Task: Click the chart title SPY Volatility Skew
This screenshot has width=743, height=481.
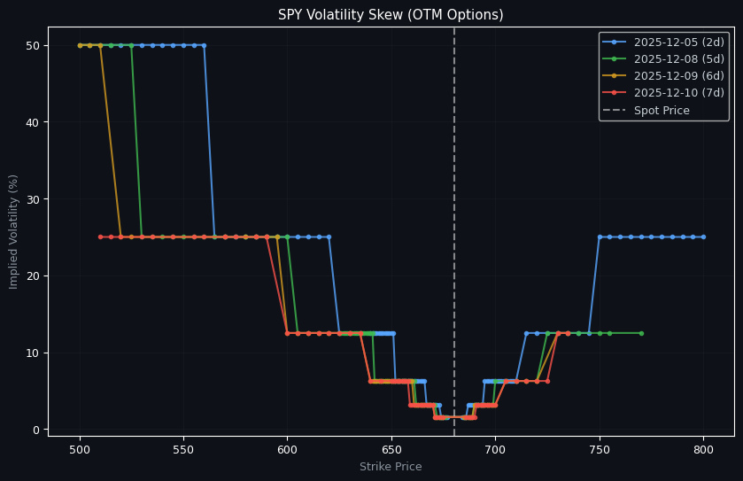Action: (391, 15)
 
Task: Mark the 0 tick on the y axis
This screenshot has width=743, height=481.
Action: (35, 430)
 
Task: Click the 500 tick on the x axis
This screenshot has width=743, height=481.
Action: (80, 450)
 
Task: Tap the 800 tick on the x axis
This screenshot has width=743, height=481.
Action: (703, 450)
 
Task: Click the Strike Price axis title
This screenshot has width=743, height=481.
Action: (391, 467)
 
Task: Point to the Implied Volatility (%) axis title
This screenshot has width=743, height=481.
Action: (14, 231)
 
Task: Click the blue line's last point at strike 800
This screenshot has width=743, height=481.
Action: (703, 237)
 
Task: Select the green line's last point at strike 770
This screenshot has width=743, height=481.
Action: (641, 333)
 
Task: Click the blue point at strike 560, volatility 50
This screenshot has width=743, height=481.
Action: (204, 45)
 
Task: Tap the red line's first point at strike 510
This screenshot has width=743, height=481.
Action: (100, 237)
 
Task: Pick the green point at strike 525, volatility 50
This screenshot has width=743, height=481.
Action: (131, 45)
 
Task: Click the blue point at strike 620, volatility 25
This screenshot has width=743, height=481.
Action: (329, 237)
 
